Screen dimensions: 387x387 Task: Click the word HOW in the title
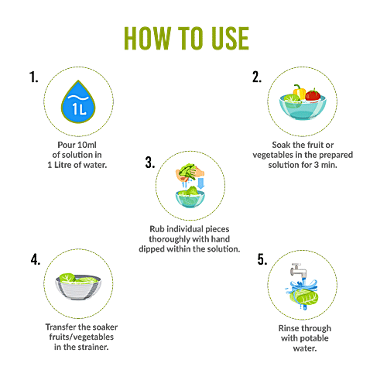(148, 38)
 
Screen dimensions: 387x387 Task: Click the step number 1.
(33, 77)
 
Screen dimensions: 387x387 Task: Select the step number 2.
(257, 77)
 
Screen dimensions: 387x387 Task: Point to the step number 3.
(150, 163)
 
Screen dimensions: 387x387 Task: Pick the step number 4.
(36, 259)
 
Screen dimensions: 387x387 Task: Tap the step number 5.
(262, 259)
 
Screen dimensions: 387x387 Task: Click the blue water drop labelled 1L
(78, 102)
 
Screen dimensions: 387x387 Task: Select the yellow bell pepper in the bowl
(300, 92)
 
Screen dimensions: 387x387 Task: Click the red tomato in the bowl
(313, 95)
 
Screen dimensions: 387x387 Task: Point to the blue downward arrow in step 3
(200, 183)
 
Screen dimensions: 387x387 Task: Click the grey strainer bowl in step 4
(78, 287)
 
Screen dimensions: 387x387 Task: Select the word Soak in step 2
(281, 145)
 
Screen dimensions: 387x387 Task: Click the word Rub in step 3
(156, 229)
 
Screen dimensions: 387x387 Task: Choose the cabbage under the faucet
(304, 296)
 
